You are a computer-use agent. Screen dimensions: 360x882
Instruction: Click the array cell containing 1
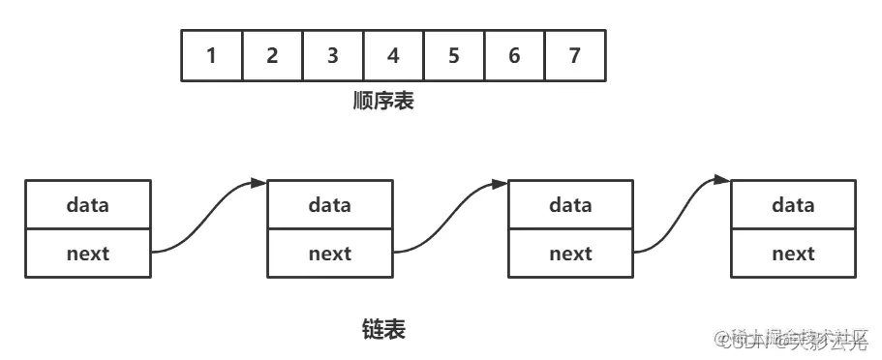coord(211,55)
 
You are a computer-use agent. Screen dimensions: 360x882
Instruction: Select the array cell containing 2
coord(272,55)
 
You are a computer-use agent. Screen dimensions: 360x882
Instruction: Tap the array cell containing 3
coord(332,55)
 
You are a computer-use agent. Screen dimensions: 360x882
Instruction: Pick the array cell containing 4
coord(393,55)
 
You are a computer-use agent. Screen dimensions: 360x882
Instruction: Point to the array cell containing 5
coord(453,55)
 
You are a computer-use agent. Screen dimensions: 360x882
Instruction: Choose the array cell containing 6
coord(514,55)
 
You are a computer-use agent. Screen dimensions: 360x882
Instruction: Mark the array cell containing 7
coord(575,55)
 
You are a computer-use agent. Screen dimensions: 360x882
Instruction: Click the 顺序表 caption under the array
coord(382,101)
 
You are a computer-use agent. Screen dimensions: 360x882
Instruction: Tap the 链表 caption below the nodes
coord(382,329)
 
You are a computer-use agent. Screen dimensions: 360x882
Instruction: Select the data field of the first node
coord(88,204)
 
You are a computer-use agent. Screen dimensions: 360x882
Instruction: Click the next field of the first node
coord(88,254)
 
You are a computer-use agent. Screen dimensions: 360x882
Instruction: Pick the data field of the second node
coord(330,204)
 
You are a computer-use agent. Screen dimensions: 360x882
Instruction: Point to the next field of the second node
coord(330,254)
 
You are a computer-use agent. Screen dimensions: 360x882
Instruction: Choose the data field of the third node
coord(570,204)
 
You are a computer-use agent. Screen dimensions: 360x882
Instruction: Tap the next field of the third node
coord(570,254)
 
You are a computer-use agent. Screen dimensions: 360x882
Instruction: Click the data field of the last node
coord(793,204)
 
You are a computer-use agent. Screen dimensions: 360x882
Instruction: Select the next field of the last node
coord(793,254)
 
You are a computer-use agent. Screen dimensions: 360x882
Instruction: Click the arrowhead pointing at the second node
coord(259,182)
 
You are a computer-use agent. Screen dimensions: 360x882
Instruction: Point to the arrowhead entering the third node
coord(500,182)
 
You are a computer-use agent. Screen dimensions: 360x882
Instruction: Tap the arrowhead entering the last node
coord(722,179)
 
